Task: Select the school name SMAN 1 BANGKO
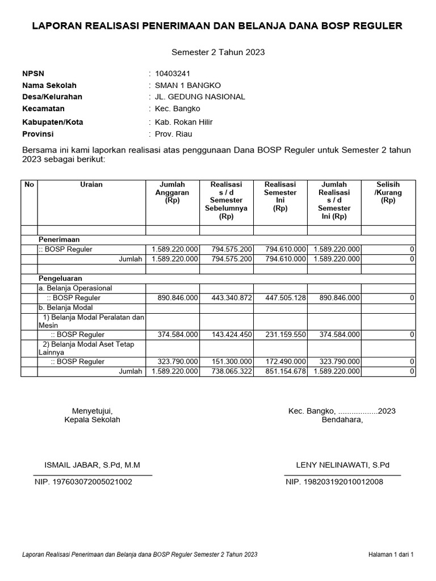click(183, 85)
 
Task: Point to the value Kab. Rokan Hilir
click(179, 122)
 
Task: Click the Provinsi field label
click(37, 134)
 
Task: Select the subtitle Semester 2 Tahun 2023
click(218, 52)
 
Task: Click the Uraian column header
click(91, 184)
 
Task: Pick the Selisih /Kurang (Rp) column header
click(388, 192)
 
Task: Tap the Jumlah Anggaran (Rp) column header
click(172, 192)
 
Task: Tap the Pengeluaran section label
click(60, 279)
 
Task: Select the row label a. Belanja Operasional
click(75, 288)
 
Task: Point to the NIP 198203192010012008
click(334, 482)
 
